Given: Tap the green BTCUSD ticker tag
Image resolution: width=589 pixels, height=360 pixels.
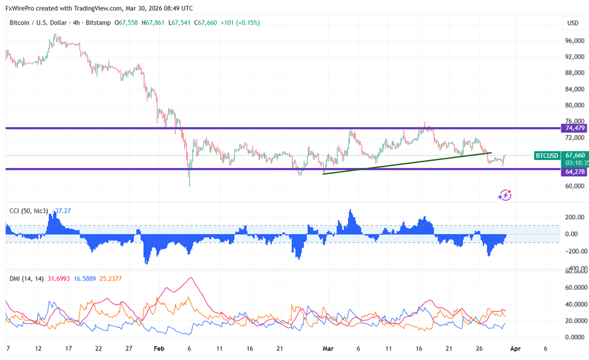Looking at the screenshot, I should [x=546, y=156].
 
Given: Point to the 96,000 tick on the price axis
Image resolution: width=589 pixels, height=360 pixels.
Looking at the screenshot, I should [x=574, y=41].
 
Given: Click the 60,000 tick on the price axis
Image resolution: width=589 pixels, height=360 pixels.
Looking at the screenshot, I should [x=574, y=186].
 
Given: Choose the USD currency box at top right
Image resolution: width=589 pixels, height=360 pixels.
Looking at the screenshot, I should [x=573, y=23].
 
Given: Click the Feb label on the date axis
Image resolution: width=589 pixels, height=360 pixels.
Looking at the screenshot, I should [x=159, y=348].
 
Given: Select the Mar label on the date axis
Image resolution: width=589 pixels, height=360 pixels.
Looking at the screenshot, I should [x=328, y=348].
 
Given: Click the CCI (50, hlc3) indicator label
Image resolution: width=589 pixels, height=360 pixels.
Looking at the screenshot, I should [x=29, y=211].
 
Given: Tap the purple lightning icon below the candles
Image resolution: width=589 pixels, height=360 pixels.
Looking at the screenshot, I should [x=504, y=195].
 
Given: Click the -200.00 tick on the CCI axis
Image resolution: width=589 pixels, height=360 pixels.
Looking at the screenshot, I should [x=573, y=251].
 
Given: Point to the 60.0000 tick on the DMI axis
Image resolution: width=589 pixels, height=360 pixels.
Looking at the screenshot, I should [x=573, y=287].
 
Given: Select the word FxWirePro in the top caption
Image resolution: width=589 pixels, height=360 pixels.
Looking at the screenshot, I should [x=19, y=8].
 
